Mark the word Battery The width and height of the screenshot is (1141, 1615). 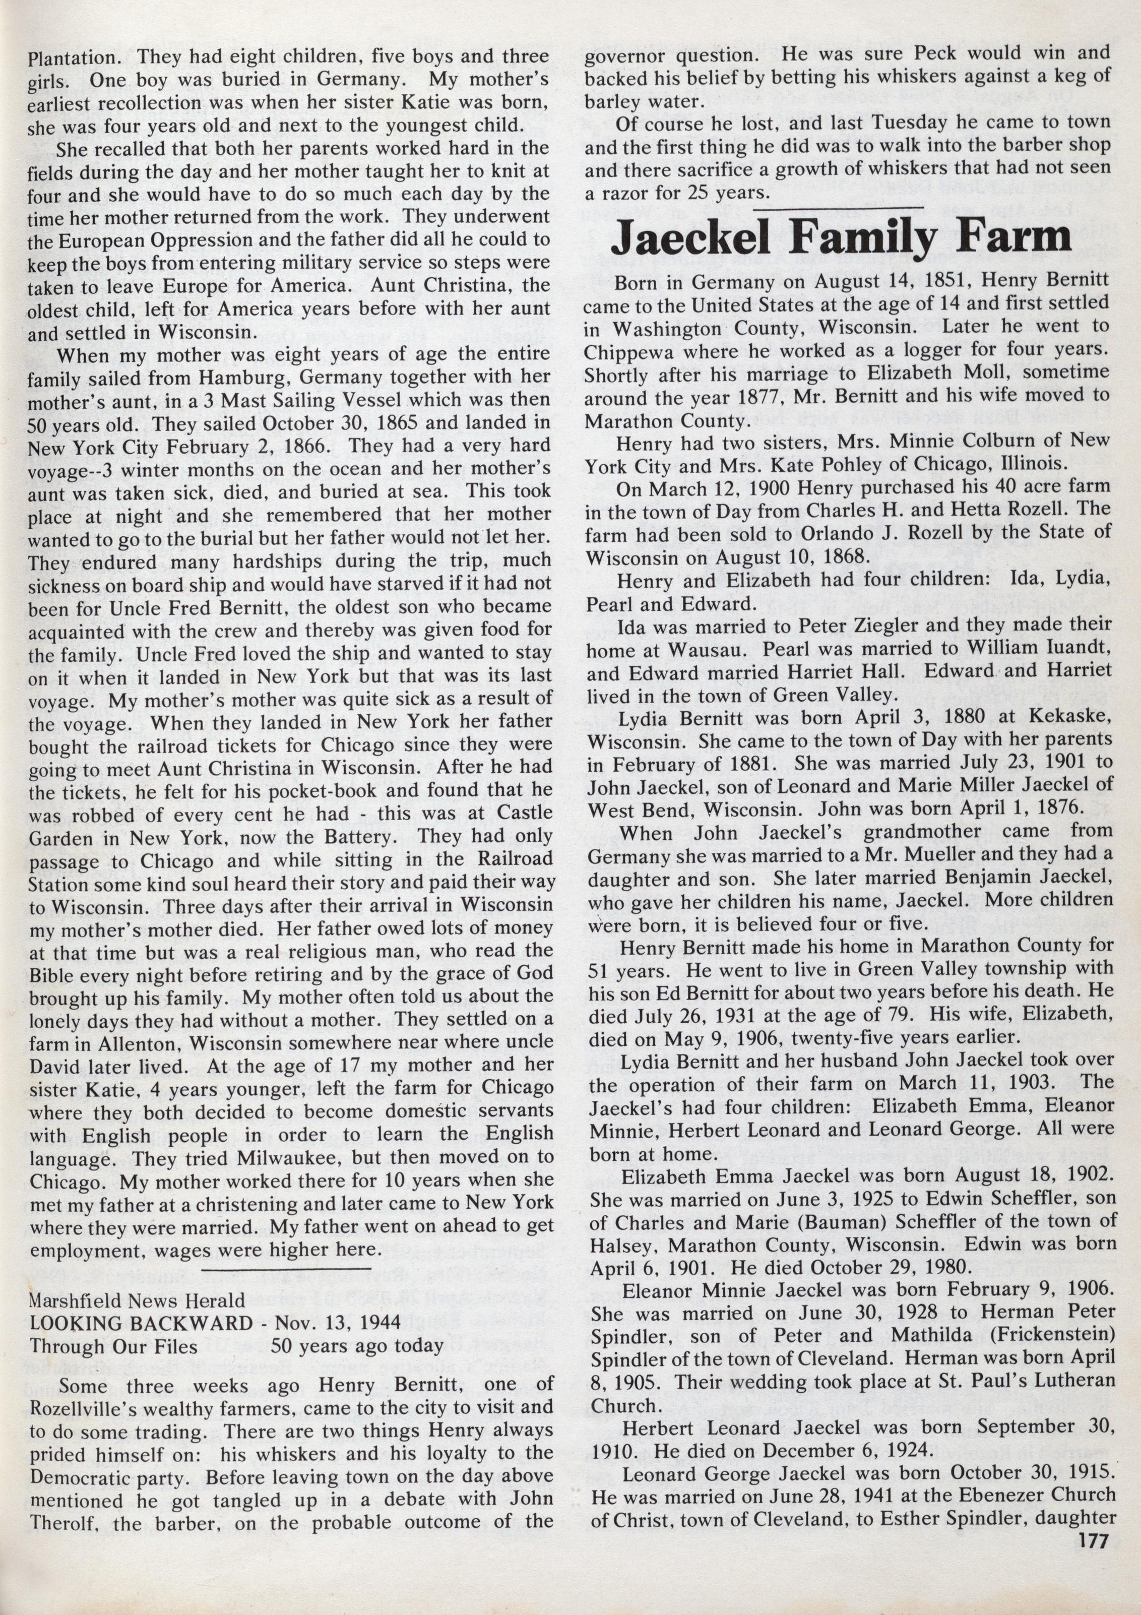click(x=347, y=837)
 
